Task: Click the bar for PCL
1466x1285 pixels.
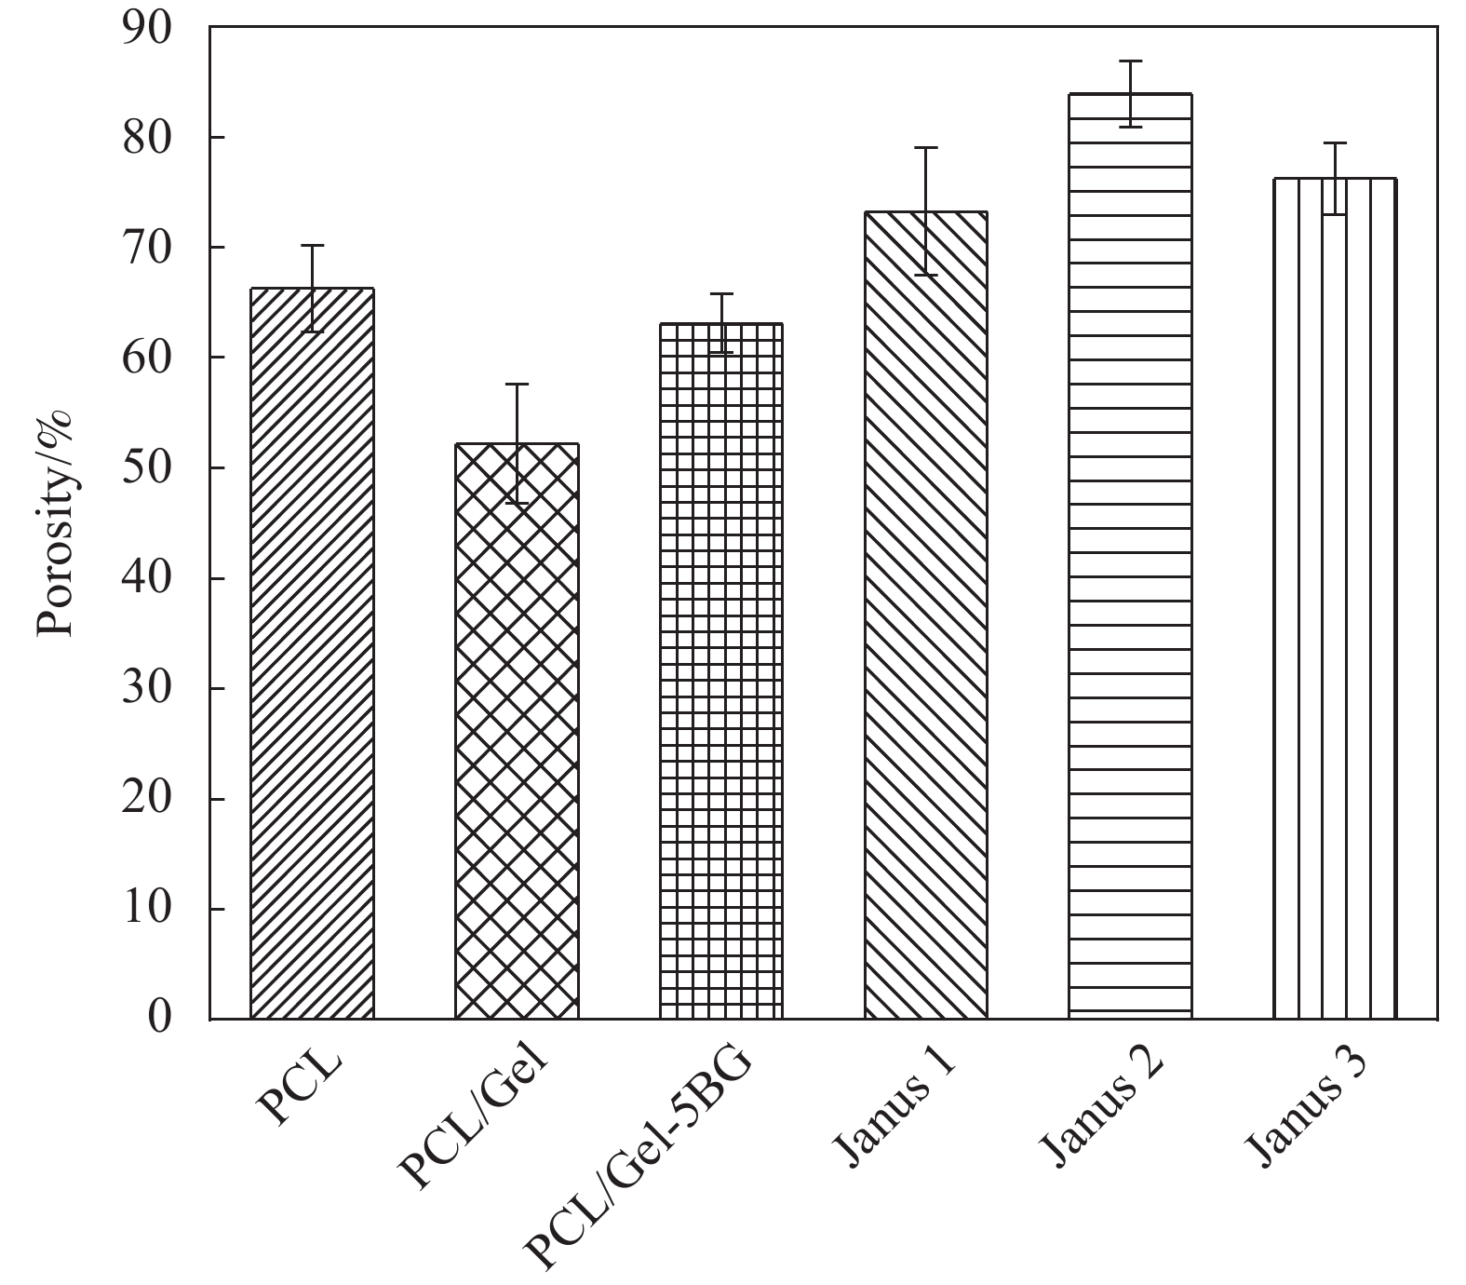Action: point(312,652)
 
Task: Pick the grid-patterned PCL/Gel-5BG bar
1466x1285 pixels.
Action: point(721,670)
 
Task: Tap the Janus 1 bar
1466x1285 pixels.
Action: point(925,615)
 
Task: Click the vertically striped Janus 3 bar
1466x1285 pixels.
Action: point(1335,596)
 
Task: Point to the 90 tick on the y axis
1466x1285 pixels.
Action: point(148,27)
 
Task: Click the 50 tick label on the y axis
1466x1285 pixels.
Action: point(148,467)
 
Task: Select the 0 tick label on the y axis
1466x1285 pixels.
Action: point(161,1018)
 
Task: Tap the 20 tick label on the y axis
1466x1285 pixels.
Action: point(148,798)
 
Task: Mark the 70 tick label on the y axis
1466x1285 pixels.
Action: point(148,248)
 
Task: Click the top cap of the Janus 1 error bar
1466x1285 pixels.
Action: point(925,147)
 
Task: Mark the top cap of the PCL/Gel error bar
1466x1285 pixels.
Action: point(517,384)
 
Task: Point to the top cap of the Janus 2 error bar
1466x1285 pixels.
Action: point(1130,61)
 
